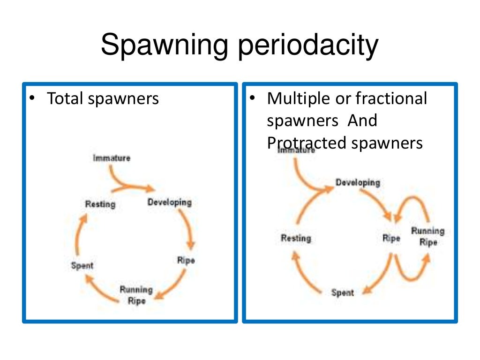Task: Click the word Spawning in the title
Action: click(165, 46)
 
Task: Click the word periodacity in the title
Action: click(307, 46)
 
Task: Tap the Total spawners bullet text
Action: click(103, 99)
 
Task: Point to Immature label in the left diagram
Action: click(112, 158)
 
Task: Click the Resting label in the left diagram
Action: click(100, 204)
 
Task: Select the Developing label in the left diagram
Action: click(169, 202)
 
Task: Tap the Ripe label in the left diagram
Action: click(186, 260)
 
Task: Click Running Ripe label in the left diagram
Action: click(136, 295)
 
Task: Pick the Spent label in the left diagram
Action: click(82, 265)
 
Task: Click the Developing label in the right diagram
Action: click(358, 182)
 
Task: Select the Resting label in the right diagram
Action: click(296, 238)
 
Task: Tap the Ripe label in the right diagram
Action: click(391, 238)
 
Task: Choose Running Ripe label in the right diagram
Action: click(427, 236)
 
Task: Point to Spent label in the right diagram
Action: click(343, 292)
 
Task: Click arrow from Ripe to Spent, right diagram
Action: click(379, 277)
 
